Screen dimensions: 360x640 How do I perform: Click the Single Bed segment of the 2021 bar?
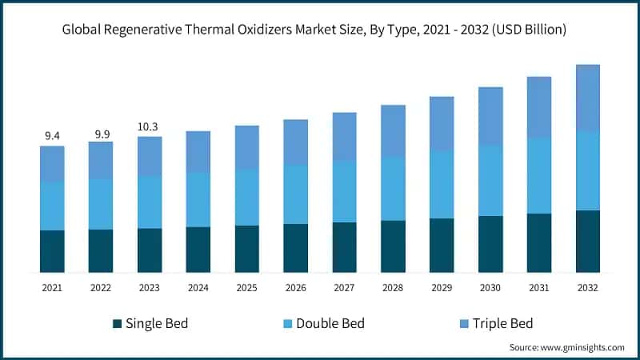coord(52,251)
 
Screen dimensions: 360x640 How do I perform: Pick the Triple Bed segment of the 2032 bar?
coord(588,98)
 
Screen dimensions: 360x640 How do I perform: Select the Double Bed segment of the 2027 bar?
coord(345,191)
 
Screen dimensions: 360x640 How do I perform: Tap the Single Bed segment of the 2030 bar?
coord(490,244)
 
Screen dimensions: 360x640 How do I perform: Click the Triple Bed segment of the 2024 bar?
coord(198,151)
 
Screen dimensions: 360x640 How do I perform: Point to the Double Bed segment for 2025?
coord(247,198)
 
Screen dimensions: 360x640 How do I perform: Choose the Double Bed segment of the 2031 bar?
coord(539,175)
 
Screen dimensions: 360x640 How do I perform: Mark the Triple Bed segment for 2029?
coord(442,123)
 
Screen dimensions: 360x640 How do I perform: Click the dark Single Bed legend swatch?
coord(118,323)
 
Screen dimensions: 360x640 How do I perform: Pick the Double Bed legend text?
coord(330,323)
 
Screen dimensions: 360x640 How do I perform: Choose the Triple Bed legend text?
coord(502,323)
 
